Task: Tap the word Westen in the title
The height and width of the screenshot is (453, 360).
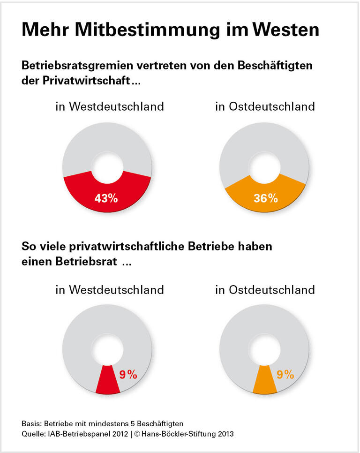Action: (286, 30)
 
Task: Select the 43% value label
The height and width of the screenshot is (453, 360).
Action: (106, 198)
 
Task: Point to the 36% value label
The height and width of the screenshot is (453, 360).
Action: (266, 198)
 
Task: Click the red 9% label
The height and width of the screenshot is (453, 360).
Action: (128, 374)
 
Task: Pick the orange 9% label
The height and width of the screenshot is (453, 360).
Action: (285, 374)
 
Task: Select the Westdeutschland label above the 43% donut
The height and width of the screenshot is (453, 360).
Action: (116, 106)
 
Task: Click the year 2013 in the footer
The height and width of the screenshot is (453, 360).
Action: (225, 434)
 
